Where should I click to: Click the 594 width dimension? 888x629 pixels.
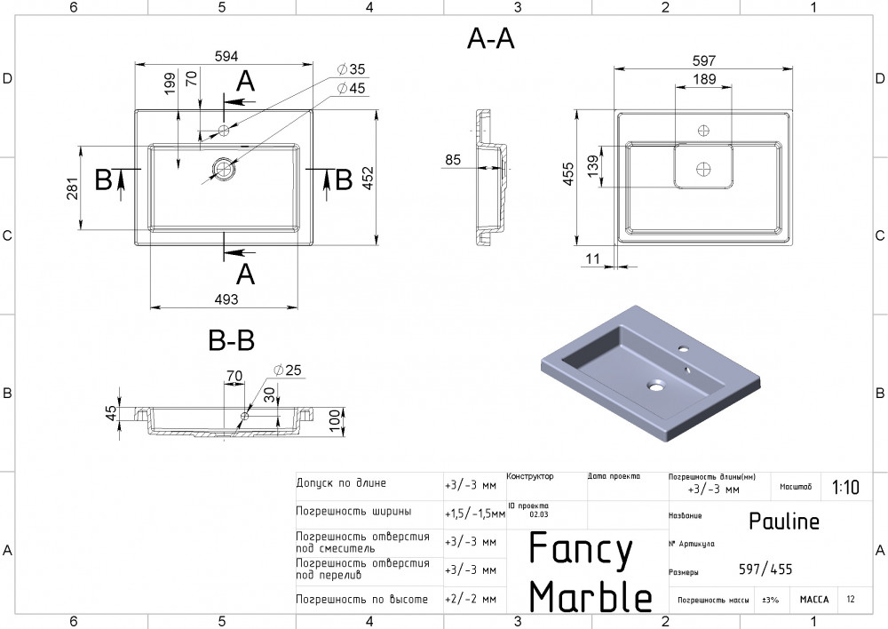click(x=226, y=56)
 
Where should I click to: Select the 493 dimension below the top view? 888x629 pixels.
click(x=226, y=299)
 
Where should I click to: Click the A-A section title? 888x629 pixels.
click(x=490, y=39)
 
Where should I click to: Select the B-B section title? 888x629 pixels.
click(x=231, y=339)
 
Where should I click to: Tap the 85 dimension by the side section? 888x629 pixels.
click(x=453, y=160)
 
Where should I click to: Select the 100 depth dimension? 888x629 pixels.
click(x=335, y=420)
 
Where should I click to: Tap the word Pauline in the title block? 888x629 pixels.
click(x=784, y=522)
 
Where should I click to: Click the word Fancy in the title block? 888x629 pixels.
click(x=581, y=551)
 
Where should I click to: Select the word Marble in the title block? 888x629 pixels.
click(x=591, y=597)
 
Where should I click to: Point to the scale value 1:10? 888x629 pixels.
click(x=845, y=487)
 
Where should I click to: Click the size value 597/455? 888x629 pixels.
click(x=765, y=569)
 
